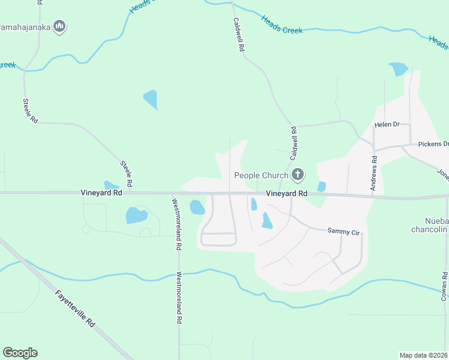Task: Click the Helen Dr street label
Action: (387, 125)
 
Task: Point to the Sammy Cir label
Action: (343, 230)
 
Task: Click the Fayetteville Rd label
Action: (75, 308)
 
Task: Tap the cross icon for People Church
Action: (297, 175)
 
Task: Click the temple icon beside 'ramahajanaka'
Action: (59, 26)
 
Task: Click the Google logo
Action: (20, 353)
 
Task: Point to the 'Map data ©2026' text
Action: (424, 355)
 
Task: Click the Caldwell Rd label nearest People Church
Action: (294, 143)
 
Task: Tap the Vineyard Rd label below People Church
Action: (287, 194)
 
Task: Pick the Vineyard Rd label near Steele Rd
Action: (101, 193)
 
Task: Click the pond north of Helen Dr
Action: (398, 68)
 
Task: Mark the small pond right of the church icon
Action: (321, 187)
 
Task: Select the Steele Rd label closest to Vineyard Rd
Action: (126, 172)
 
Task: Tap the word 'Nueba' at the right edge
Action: (436, 220)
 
